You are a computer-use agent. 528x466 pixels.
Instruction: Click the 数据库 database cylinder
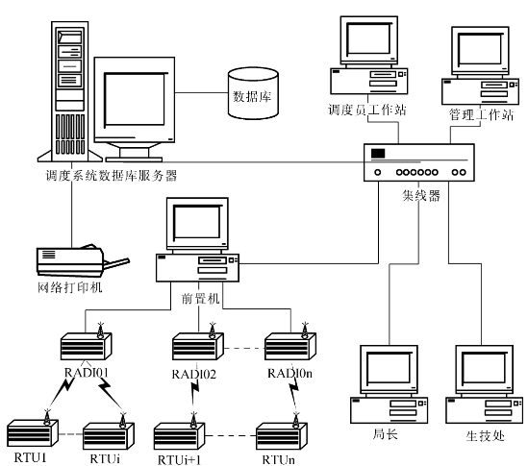pos(253,93)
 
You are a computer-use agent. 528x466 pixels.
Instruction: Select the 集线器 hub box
pos(419,162)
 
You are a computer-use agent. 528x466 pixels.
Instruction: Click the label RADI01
pos(87,373)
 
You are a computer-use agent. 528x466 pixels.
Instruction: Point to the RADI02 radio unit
pos(198,346)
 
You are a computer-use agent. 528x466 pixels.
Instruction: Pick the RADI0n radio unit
pos(290,346)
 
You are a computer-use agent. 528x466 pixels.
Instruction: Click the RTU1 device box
pos(33,434)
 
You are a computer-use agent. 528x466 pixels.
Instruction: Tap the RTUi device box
pos(109,435)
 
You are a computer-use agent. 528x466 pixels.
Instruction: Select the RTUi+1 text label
pos(179,459)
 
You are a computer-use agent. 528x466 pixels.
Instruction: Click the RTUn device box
pos(281,436)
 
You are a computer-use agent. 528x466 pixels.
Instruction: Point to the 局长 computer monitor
pos(389,370)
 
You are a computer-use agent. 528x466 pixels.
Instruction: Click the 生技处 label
pos(486,435)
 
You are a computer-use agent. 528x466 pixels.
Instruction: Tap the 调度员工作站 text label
pos(367,110)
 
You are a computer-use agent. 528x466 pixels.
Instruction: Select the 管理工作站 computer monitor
pos(480,51)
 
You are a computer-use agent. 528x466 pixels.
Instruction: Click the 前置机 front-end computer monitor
pos(197,224)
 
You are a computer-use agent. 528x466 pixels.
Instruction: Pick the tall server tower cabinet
pos(69,91)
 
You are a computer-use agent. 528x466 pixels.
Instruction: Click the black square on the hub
pos(378,154)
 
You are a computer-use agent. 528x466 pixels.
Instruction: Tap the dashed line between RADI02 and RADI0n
pos(244,348)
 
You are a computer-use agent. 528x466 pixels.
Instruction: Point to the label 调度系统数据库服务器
pos(112,175)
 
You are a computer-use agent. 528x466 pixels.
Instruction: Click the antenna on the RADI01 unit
pos(100,331)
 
